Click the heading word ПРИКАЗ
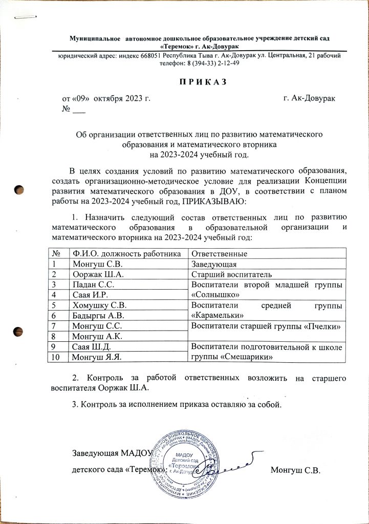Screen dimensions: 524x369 pos(202,83)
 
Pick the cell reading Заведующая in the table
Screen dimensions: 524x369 pos(213,264)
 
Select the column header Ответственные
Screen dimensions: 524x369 pos(219,254)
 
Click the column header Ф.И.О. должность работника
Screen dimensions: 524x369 pos(126,254)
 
